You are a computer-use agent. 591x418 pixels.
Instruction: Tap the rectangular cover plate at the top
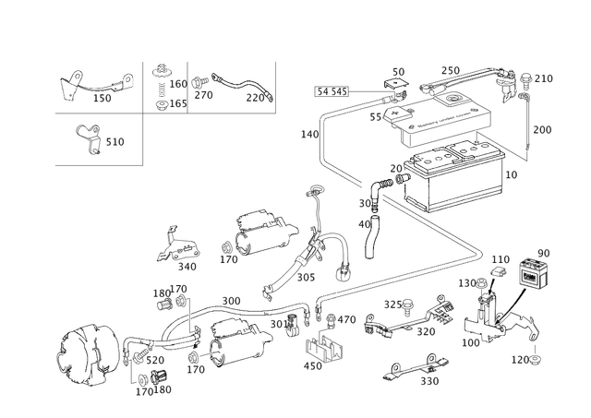click(441, 112)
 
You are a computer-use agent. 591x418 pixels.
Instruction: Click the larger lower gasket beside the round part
click(235, 337)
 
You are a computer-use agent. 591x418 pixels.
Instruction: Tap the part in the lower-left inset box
click(90, 137)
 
